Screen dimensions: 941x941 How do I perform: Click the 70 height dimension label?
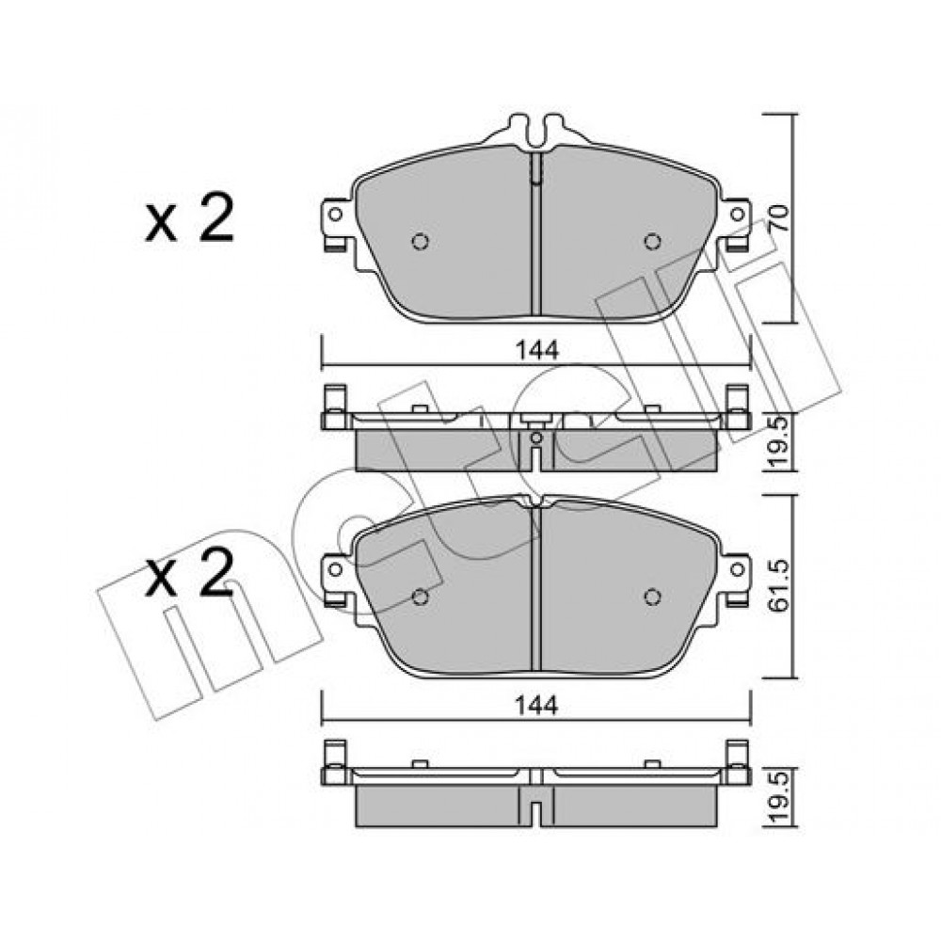click(x=778, y=218)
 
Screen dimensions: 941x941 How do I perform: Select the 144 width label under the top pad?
click(x=537, y=350)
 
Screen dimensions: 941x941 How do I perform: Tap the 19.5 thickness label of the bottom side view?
click(x=779, y=799)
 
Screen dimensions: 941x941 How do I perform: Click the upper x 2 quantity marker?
click(x=189, y=217)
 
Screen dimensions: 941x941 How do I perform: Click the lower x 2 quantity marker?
click(x=189, y=573)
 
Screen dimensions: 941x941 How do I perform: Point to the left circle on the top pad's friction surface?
click(x=421, y=241)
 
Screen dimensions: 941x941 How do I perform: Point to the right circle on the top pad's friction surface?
click(x=652, y=241)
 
